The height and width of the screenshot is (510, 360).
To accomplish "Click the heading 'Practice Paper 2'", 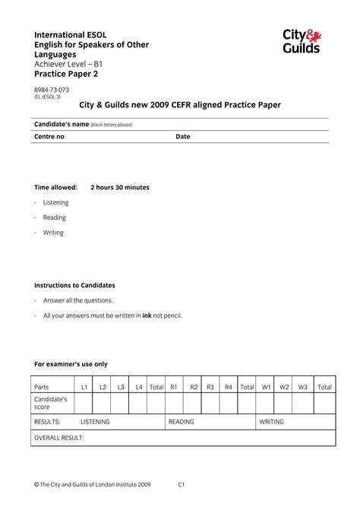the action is [66, 74].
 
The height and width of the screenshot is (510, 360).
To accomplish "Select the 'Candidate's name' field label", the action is [62, 124].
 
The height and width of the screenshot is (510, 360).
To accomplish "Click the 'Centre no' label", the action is [49, 137].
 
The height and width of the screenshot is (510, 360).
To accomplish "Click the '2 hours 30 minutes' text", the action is [120, 187].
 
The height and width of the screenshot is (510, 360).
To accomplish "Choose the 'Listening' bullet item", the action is [55, 202].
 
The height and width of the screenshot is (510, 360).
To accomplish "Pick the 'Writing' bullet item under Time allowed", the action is [53, 233].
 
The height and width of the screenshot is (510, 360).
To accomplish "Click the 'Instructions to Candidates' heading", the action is [74, 285].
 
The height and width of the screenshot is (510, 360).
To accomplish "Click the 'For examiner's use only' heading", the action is [71, 364].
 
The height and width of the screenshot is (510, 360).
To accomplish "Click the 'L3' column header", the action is [121, 387].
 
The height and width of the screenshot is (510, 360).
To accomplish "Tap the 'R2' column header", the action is [194, 387].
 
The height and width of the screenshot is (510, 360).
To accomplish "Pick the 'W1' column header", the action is [267, 387].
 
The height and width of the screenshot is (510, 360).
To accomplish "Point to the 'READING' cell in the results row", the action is [182, 422].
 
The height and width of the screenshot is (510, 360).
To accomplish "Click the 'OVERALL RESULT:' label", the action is [59, 438].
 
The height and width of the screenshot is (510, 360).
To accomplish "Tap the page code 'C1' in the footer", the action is [182, 483].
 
